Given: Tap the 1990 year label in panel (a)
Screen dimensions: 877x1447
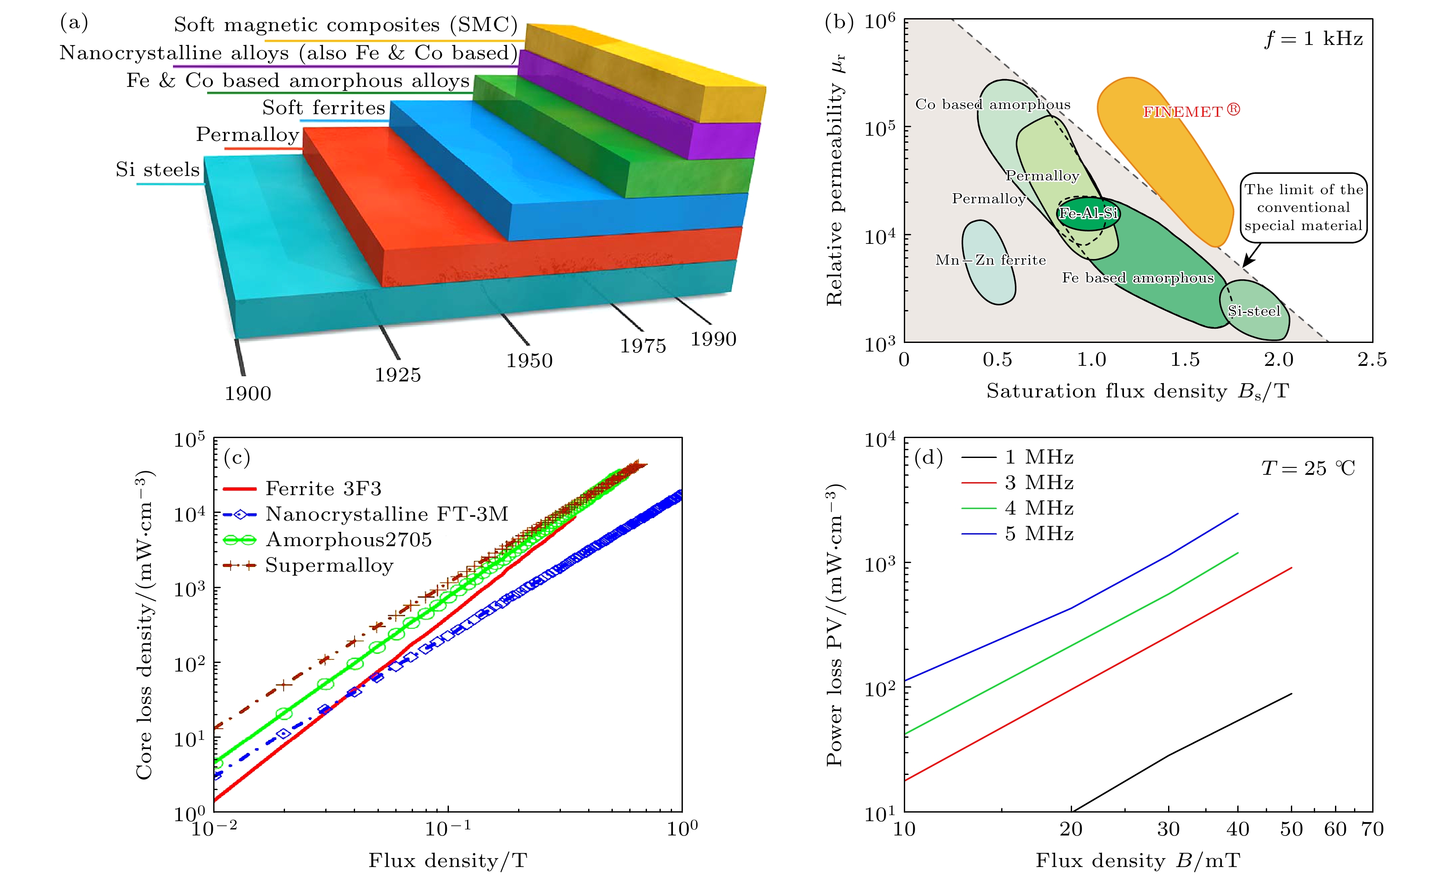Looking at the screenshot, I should pyautogui.click(x=713, y=339).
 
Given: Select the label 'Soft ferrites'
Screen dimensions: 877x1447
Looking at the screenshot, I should pyautogui.click(x=323, y=108).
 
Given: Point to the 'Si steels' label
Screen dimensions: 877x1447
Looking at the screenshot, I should pyautogui.click(x=157, y=170).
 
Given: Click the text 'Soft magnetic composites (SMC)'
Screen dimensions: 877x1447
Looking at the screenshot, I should pyautogui.click(x=345, y=25).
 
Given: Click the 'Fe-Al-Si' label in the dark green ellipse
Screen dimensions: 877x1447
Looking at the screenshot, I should pyautogui.click(x=1088, y=213).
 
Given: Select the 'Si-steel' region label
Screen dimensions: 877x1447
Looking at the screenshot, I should pyautogui.click(x=1254, y=311).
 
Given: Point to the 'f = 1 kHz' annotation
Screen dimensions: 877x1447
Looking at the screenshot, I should pyautogui.click(x=1313, y=39).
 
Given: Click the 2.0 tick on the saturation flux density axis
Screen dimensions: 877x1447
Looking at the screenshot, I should pyautogui.click(x=1278, y=359).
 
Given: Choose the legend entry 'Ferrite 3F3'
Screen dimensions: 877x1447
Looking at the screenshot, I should pyautogui.click(x=323, y=489).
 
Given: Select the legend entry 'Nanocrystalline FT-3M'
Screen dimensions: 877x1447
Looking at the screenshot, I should pyautogui.click(x=387, y=515).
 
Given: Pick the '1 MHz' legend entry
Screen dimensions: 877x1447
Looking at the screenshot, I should pyautogui.click(x=1038, y=457).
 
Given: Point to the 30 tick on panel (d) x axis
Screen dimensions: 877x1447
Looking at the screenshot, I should pyautogui.click(x=1168, y=829).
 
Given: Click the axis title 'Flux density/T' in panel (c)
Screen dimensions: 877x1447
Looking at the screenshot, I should pyautogui.click(x=448, y=861).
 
